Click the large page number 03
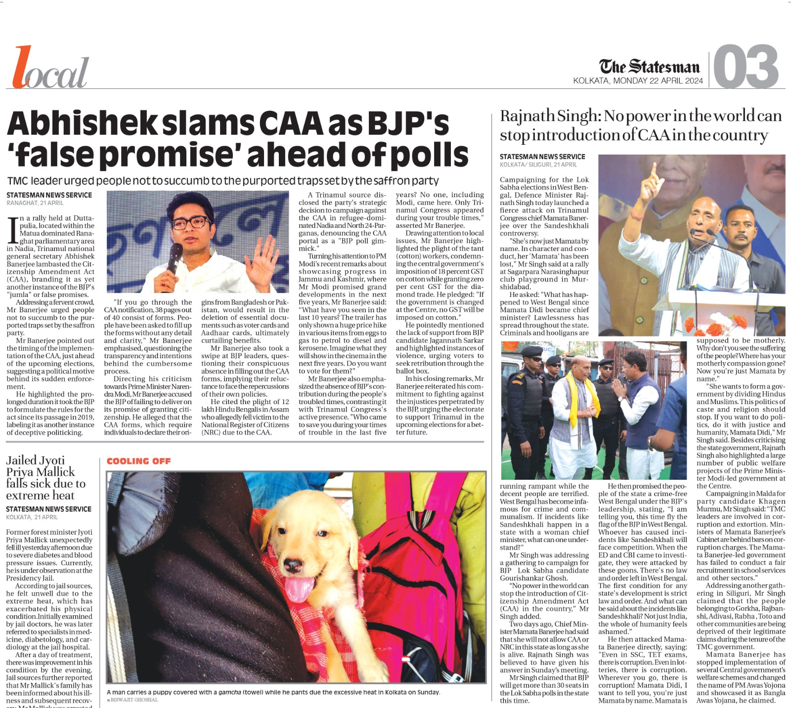pos(747,67)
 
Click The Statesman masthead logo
pos(649,67)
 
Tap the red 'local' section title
pos(50,69)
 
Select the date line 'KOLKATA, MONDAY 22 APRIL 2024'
pos(638,81)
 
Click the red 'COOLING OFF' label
pos(138,461)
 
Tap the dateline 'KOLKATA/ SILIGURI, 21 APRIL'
pos(538,165)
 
